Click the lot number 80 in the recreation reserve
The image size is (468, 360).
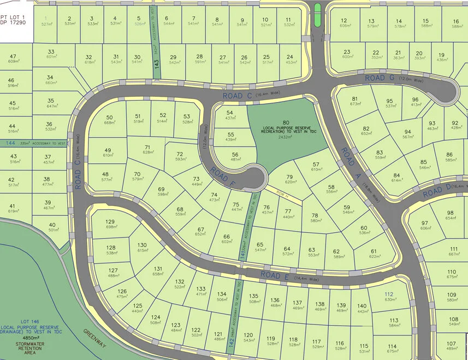[x=286, y=122]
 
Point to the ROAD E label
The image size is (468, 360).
[x=274, y=275]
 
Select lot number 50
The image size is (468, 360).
[x=109, y=117]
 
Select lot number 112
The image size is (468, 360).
[x=388, y=293]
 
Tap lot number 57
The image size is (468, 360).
[x=316, y=164]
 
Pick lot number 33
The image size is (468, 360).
[x=51, y=51]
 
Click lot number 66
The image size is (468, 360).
[x=226, y=236]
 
